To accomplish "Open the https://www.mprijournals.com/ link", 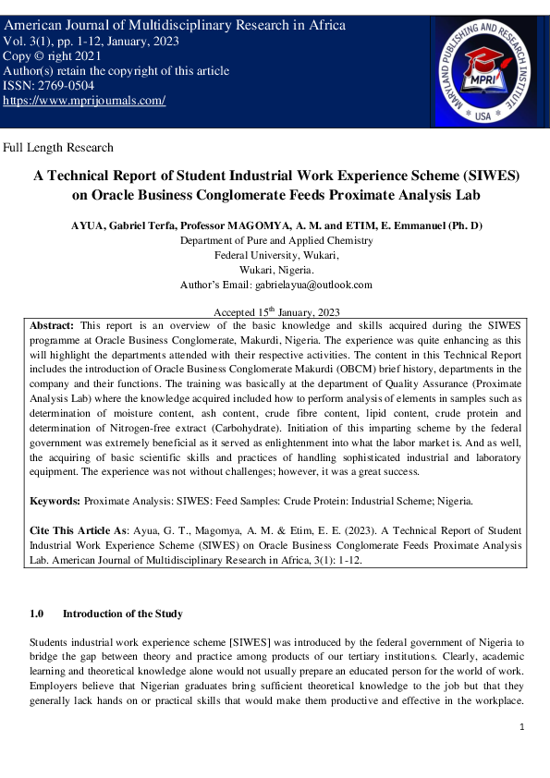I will pos(85,100).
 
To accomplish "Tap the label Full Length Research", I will pos(59,147).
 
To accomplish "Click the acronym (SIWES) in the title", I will pos(467,175).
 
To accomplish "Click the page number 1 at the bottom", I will pos(522,727).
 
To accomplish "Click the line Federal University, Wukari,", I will pos(275,254).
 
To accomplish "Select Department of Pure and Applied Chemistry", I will pos(275,239).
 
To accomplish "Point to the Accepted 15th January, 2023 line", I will pos(275,313).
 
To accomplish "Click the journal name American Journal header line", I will pos(176,25).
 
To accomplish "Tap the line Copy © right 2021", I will pos(53,56).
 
